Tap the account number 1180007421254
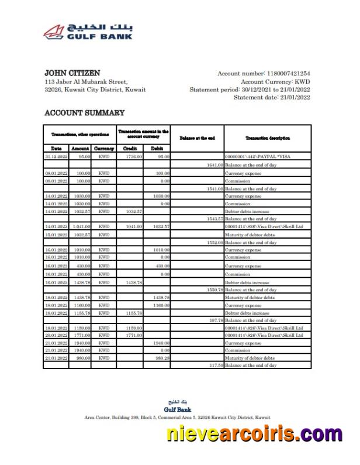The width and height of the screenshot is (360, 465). [x=288, y=74]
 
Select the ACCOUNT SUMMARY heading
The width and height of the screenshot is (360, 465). [x=84, y=112]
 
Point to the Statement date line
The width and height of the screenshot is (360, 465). [x=272, y=98]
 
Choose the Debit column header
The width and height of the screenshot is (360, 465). [x=157, y=149]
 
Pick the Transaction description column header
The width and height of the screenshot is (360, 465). [x=268, y=138]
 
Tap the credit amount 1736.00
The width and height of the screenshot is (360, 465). [x=134, y=157]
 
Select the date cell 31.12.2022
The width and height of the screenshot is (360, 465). [x=56, y=157]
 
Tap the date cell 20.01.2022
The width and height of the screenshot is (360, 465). [x=56, y=336]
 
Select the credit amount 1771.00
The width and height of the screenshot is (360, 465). [x=134, y=336]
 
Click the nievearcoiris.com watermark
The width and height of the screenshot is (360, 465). [x=254, y=435]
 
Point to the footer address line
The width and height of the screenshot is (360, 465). [x=177, y=418]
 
